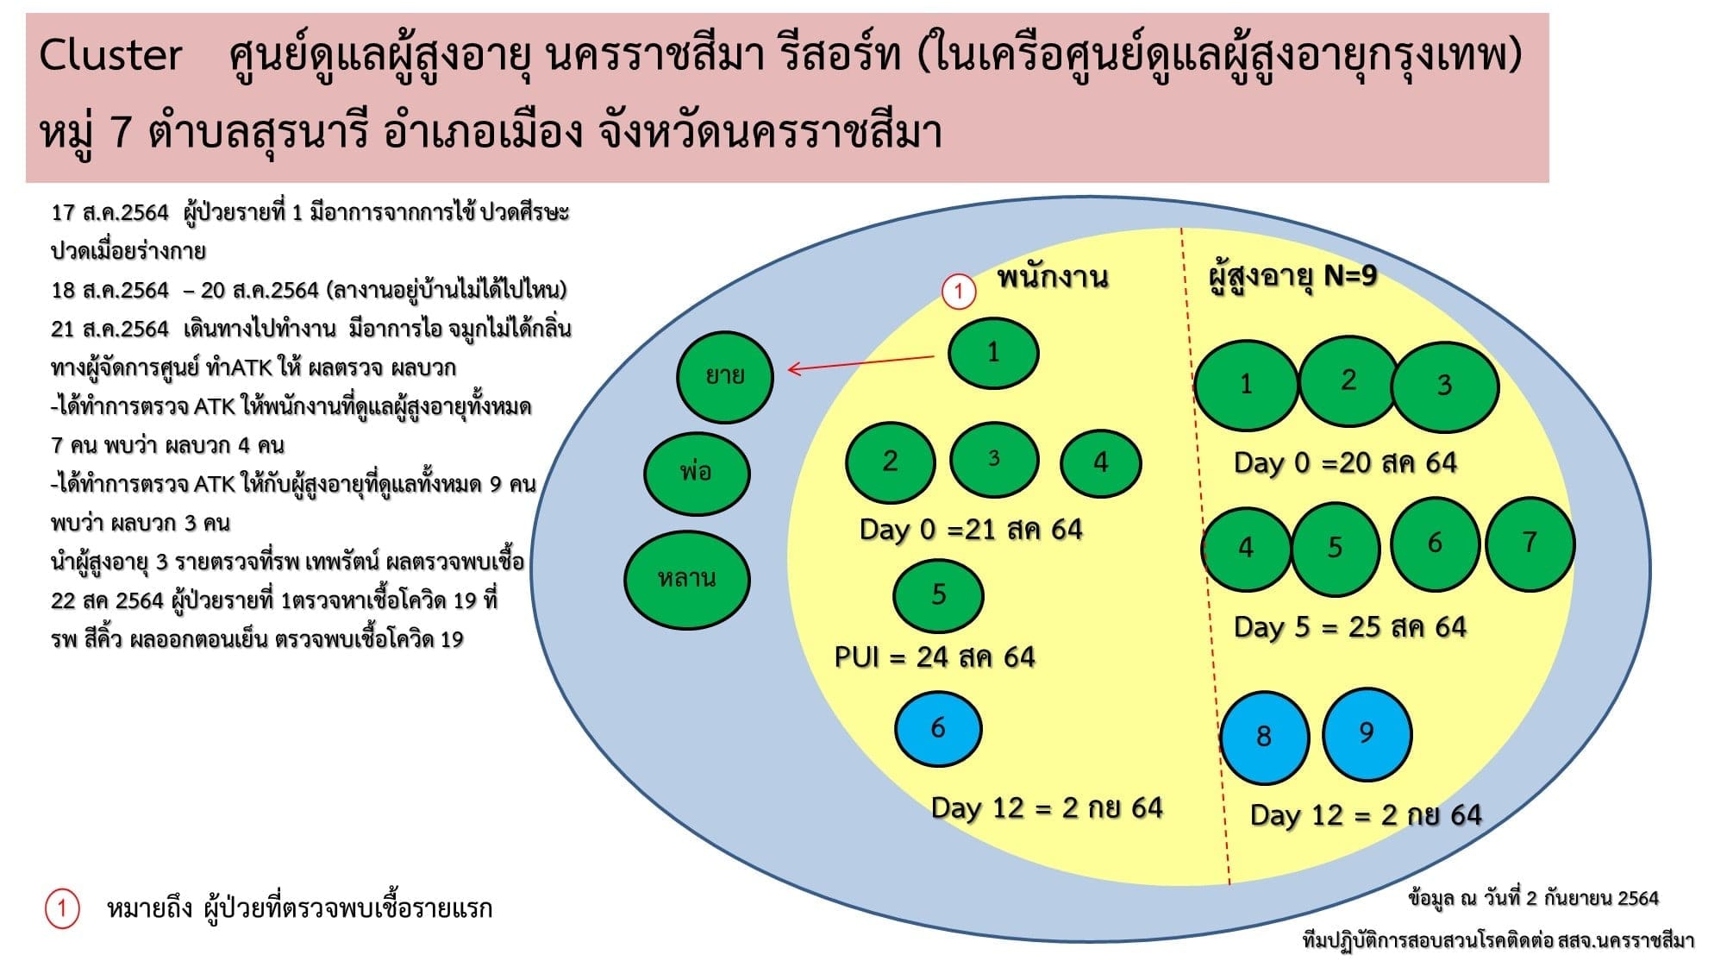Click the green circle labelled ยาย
pos(725,377)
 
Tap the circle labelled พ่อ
pos(697,474)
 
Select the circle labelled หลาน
pos(686,579)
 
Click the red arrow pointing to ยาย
pos(861,363)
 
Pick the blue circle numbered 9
pos(1367,734)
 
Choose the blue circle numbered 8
pos(1265,738)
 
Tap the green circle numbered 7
pos(1530,543)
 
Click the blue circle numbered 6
pos(938,729)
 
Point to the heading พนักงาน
pos(1052,277)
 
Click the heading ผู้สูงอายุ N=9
pos(1292,277)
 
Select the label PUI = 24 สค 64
pos(935,657)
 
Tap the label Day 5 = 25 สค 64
pos(1350,627)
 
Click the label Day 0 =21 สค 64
pos(971,530)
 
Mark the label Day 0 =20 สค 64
pos(1346,463)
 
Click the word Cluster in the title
pos(110,55)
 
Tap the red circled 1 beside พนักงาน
pos(958,291)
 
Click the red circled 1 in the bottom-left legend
pos(62,908)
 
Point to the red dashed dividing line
pos(1205,556)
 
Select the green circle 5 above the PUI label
pos(938,595)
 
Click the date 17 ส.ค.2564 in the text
pos(110,213)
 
